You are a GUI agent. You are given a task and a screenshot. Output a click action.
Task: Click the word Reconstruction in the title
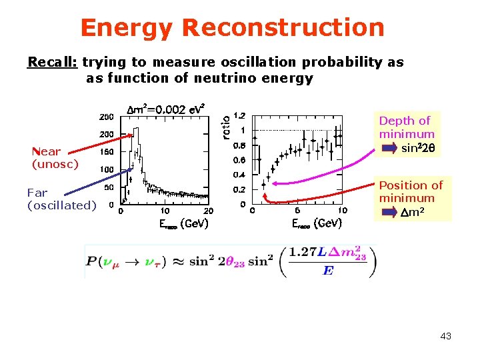pyautogui.click(x=283, y=28)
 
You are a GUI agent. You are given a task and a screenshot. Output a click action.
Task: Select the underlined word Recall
pyautogui.click(x=53, y=62)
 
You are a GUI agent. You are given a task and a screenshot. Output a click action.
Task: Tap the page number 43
pyautogui.click(x=445, y=336)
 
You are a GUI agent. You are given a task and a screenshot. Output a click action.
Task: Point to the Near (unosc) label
pyautogui.click(x=55, y=157)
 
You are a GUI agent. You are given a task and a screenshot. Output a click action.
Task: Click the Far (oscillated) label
pyautogui.click(x=61, y=199)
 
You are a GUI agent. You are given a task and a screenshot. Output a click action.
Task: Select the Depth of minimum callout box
pyautogui.click(x=407, y=134)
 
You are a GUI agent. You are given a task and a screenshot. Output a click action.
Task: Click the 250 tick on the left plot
pyautogui.click(x=107, y=117)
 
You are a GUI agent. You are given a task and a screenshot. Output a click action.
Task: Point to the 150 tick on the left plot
pyautogui.click(x=107, y=152)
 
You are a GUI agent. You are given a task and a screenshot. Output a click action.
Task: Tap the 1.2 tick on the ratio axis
pyautogui.click(x=239, y=115)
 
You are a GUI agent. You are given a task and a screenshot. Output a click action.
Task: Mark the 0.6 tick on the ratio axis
pyautogui.click(x=239, y=160)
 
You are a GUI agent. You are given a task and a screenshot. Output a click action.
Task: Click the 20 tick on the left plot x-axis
pyautogui.click(x=208, y=212)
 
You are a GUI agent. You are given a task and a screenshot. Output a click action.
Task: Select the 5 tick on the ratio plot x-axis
pyautogui.click(x=297, y=212)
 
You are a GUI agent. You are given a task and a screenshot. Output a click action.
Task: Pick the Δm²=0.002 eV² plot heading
pyautogui.click(x=165, y=109)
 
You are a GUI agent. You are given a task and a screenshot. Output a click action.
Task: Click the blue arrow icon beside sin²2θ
pyautogui.click(x=389, y=148)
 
